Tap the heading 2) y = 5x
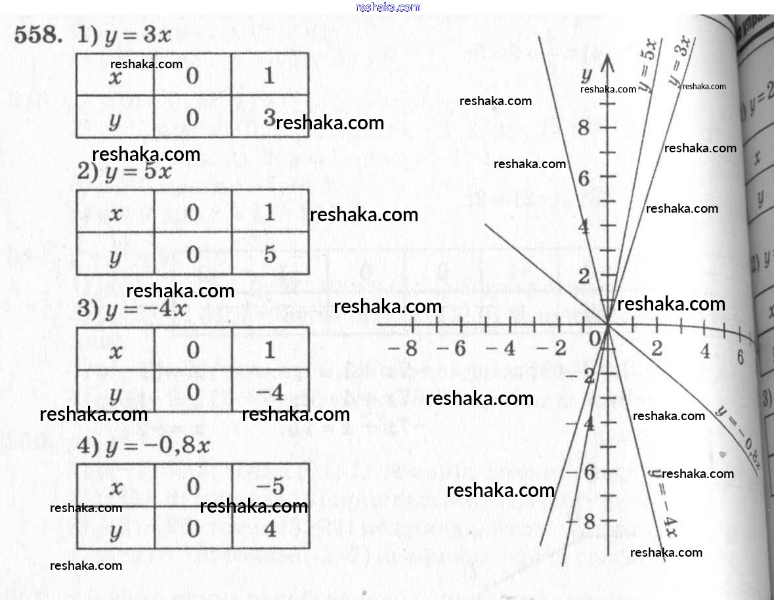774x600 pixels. [x=125, y=173]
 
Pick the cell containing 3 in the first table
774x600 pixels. [x=269, y=118]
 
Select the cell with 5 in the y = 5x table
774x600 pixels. [x=270, y=255]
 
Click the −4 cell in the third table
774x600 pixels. [x=269, y=393]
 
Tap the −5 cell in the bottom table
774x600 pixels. [x=269, y=487]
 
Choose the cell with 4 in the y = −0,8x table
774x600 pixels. [x=270, y=529]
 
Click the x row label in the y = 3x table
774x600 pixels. [x=115, y=76]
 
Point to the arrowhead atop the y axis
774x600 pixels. [x=608, y=63]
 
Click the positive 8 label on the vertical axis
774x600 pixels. [x=584, y=128]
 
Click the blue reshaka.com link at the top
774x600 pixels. [x=387, y=7]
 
